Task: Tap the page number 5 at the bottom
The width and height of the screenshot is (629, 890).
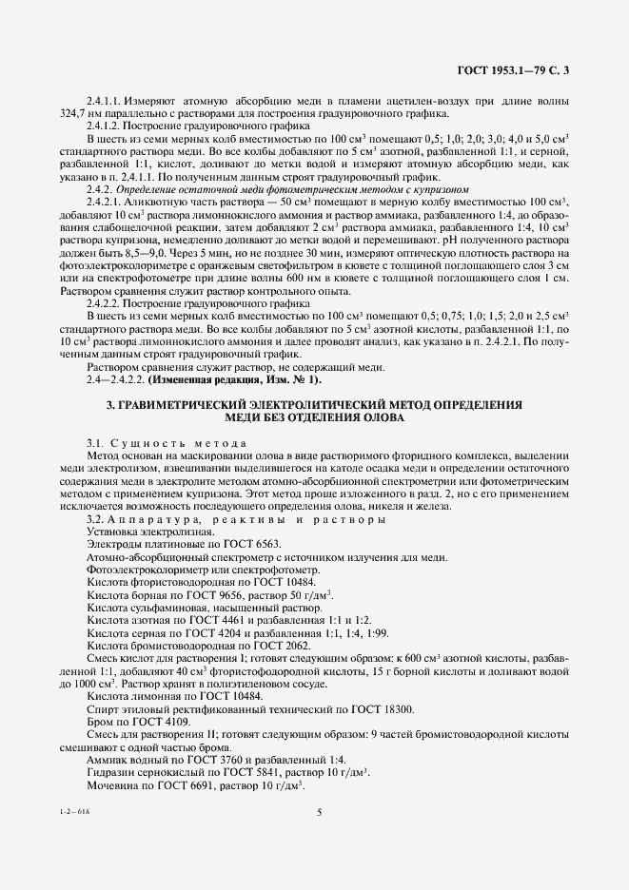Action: click(x=318, y=811)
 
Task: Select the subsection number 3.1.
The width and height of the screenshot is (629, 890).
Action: click(x=95, y=445)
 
